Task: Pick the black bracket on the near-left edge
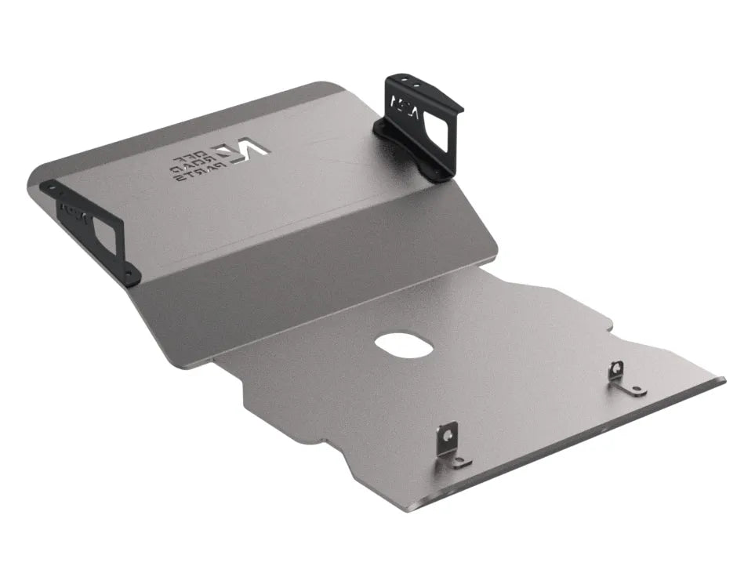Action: click(x=94, y=231)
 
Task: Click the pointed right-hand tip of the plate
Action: click(x=722, y=382)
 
